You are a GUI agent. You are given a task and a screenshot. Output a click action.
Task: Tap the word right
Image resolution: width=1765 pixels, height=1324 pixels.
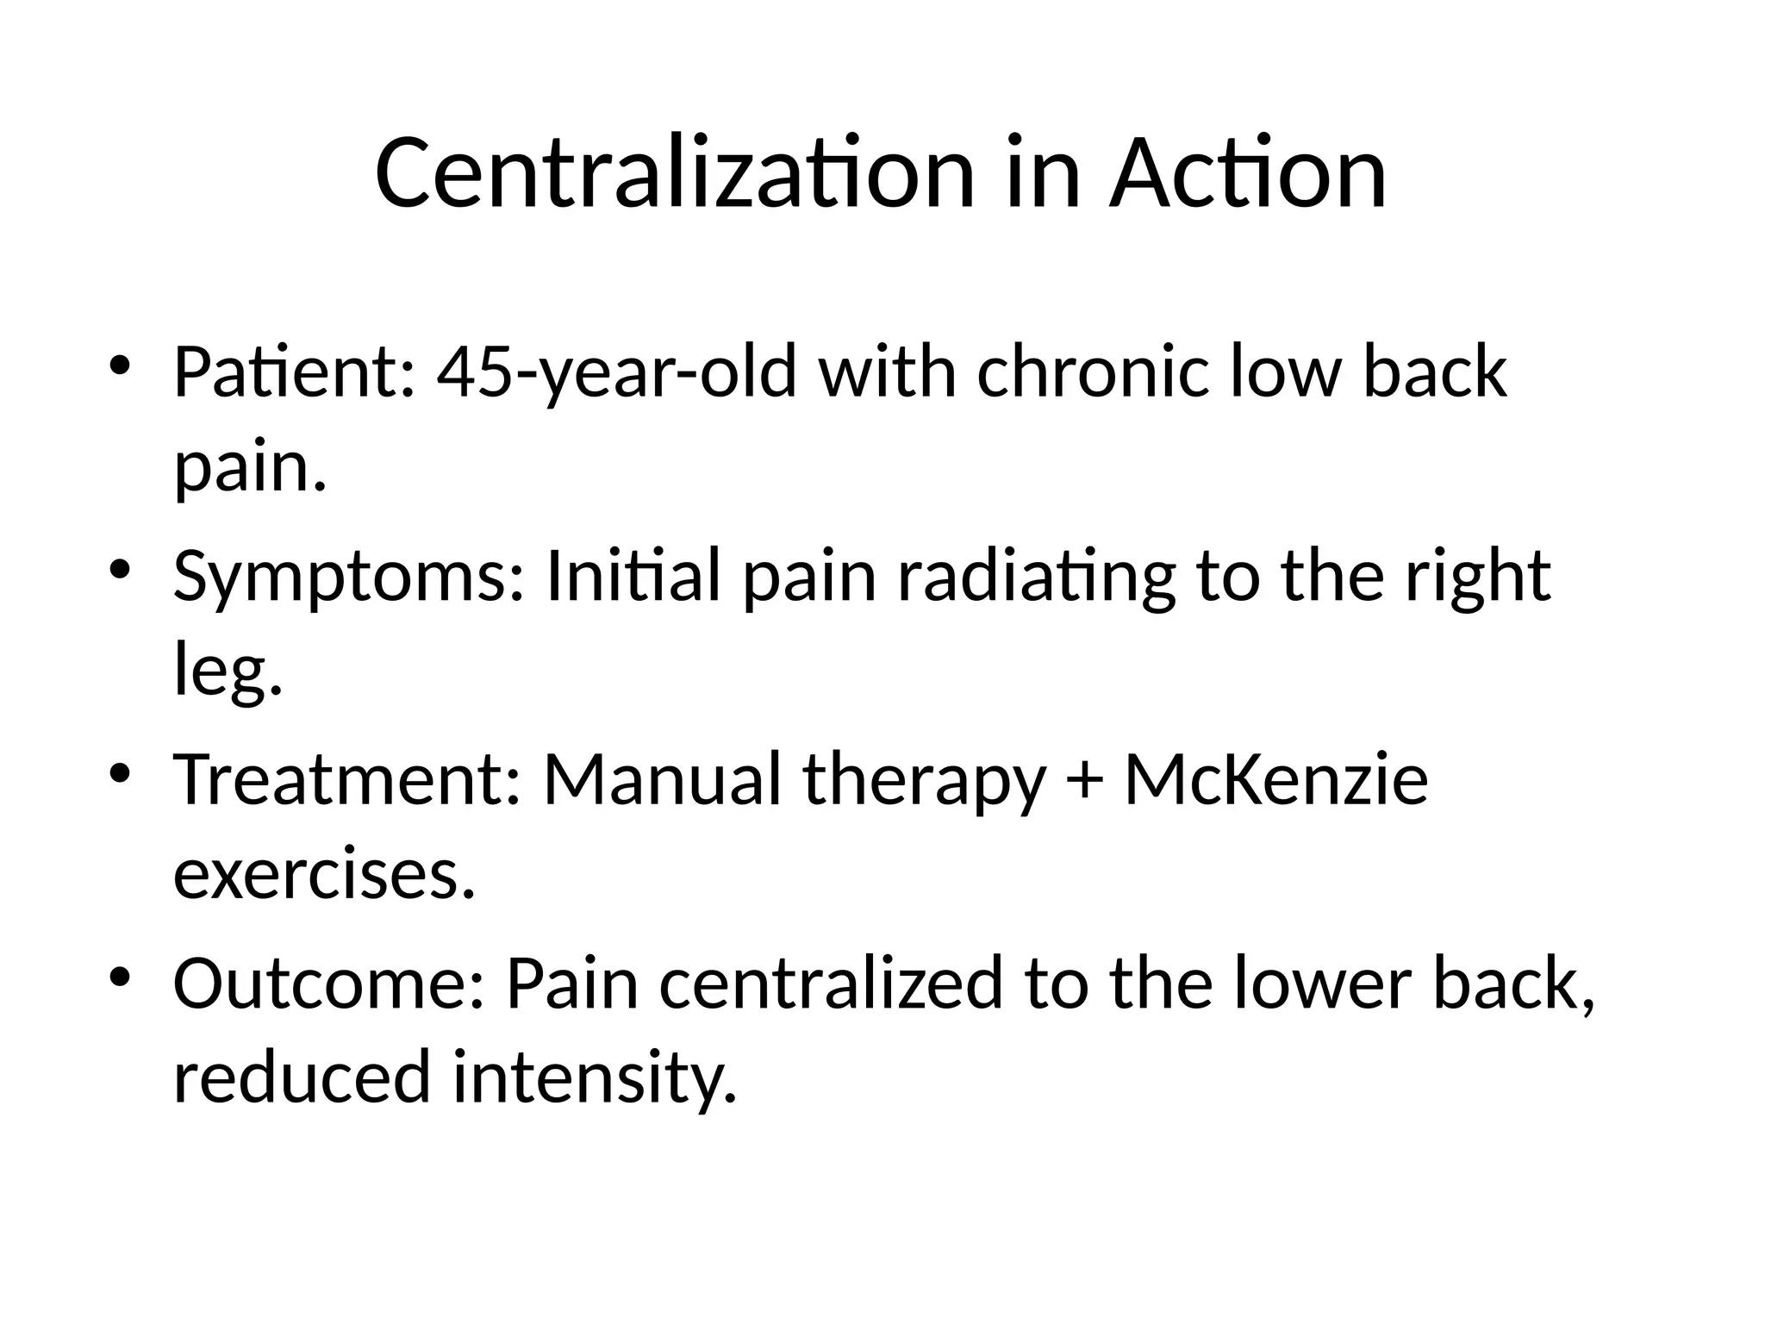coord(1477,577)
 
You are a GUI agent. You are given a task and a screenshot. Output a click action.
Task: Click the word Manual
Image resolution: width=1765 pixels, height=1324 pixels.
coord(662,780)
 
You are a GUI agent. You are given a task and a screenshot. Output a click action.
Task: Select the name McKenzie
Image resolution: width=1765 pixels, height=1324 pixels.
coord(1276,780)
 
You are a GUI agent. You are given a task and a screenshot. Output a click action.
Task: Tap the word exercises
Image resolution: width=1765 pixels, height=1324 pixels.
coord(324,875)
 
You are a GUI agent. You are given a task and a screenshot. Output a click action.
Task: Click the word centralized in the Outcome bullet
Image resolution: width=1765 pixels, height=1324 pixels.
coord(831,984)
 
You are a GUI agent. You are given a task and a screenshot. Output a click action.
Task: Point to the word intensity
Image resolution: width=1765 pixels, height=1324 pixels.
coord(595,1078)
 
